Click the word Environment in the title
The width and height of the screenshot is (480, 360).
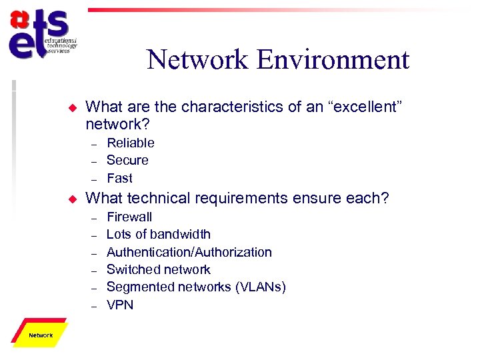tap(333, 60)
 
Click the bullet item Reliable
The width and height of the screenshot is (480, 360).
tap(131, 143)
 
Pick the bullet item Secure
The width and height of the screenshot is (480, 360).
tap(127, 160)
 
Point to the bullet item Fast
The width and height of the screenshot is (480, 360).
tap(120, 178)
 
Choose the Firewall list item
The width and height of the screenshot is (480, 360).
tap(129, 217)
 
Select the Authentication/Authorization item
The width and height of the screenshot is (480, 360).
tap(189, 252)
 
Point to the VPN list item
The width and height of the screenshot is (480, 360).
tap(120, 305)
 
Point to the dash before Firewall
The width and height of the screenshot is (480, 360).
tap(94, 217)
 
